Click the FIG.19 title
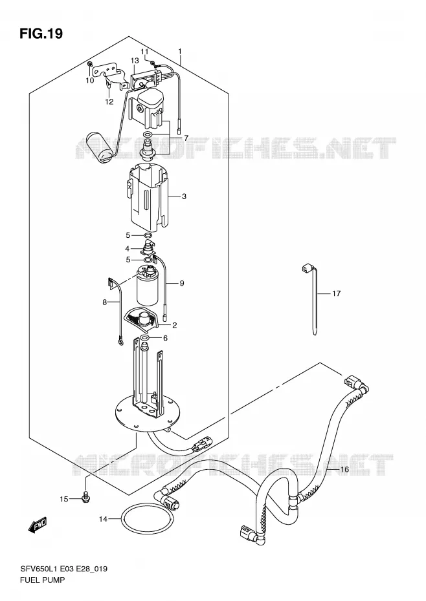tap(41, 34)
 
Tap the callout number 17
tap(336, 293)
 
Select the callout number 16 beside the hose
tap(344, 469)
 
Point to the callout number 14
tap(103, 520)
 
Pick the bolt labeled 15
tap(85, 498)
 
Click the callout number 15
tap(63, 499)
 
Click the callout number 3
tap(184, 196)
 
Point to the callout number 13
tap(135, 61)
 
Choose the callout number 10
tap(89, 81)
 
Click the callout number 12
tap(109, 101)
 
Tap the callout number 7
tap(186, 138)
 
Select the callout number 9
tap(182, 283)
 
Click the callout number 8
tap(104, 302)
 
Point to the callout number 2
tap(174, 326)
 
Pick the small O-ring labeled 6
tap(144, 338)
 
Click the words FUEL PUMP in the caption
tap(42, 580)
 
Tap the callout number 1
tap(179, 51)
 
